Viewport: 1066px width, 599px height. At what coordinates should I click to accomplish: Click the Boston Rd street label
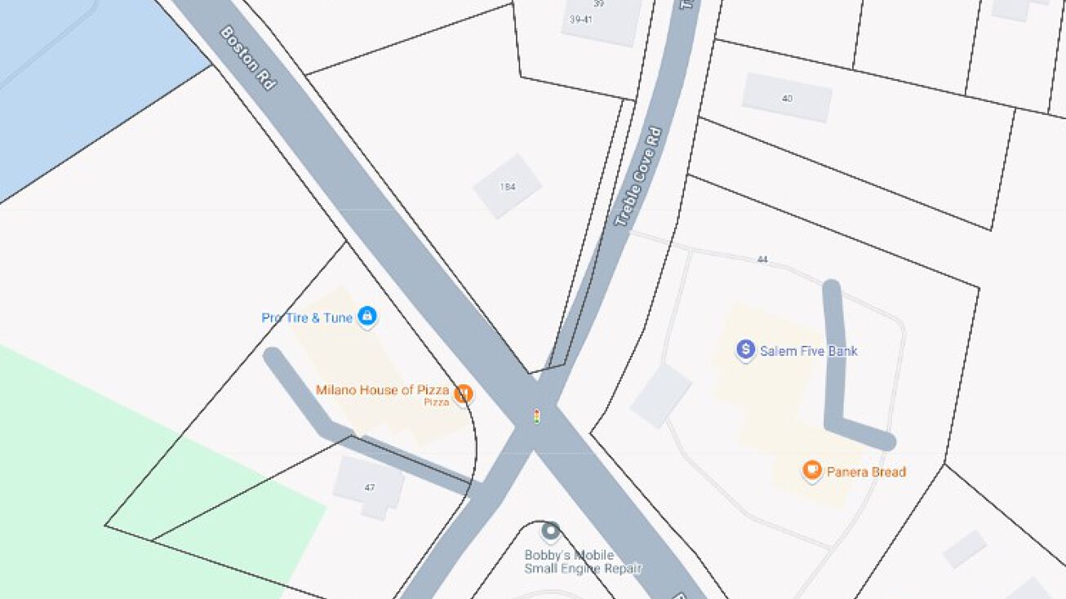[248, 58]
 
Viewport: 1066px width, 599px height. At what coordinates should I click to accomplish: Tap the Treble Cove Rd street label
[638, 176]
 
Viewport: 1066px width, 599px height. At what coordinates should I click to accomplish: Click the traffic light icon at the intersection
[536, 416]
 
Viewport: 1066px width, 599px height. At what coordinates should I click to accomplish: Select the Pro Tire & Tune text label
[307, 317]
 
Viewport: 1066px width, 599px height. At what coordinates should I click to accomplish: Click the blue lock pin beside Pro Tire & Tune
[367, 315]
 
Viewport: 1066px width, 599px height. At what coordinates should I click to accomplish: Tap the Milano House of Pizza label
[382, 390]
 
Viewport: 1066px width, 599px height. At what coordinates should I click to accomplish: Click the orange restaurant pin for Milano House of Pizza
[464, 394]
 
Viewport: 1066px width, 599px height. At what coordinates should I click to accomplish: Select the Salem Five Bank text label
[808, 351]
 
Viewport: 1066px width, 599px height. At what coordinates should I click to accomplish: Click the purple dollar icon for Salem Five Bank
[745, 350]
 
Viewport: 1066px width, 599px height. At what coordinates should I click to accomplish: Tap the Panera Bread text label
[866, 472]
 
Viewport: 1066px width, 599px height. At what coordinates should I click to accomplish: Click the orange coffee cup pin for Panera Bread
[811, 470]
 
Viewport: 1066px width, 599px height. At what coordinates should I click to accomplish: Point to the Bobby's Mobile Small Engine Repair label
[582, 562]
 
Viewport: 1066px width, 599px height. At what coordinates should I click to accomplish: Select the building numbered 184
[508, 186]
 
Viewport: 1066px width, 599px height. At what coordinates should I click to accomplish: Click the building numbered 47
[370, 487]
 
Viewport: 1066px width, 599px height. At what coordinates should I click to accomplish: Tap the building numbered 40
[787, 98]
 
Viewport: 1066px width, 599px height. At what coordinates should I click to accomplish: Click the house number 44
[762, 260]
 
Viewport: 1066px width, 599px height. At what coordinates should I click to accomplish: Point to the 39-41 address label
[581, 20]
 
